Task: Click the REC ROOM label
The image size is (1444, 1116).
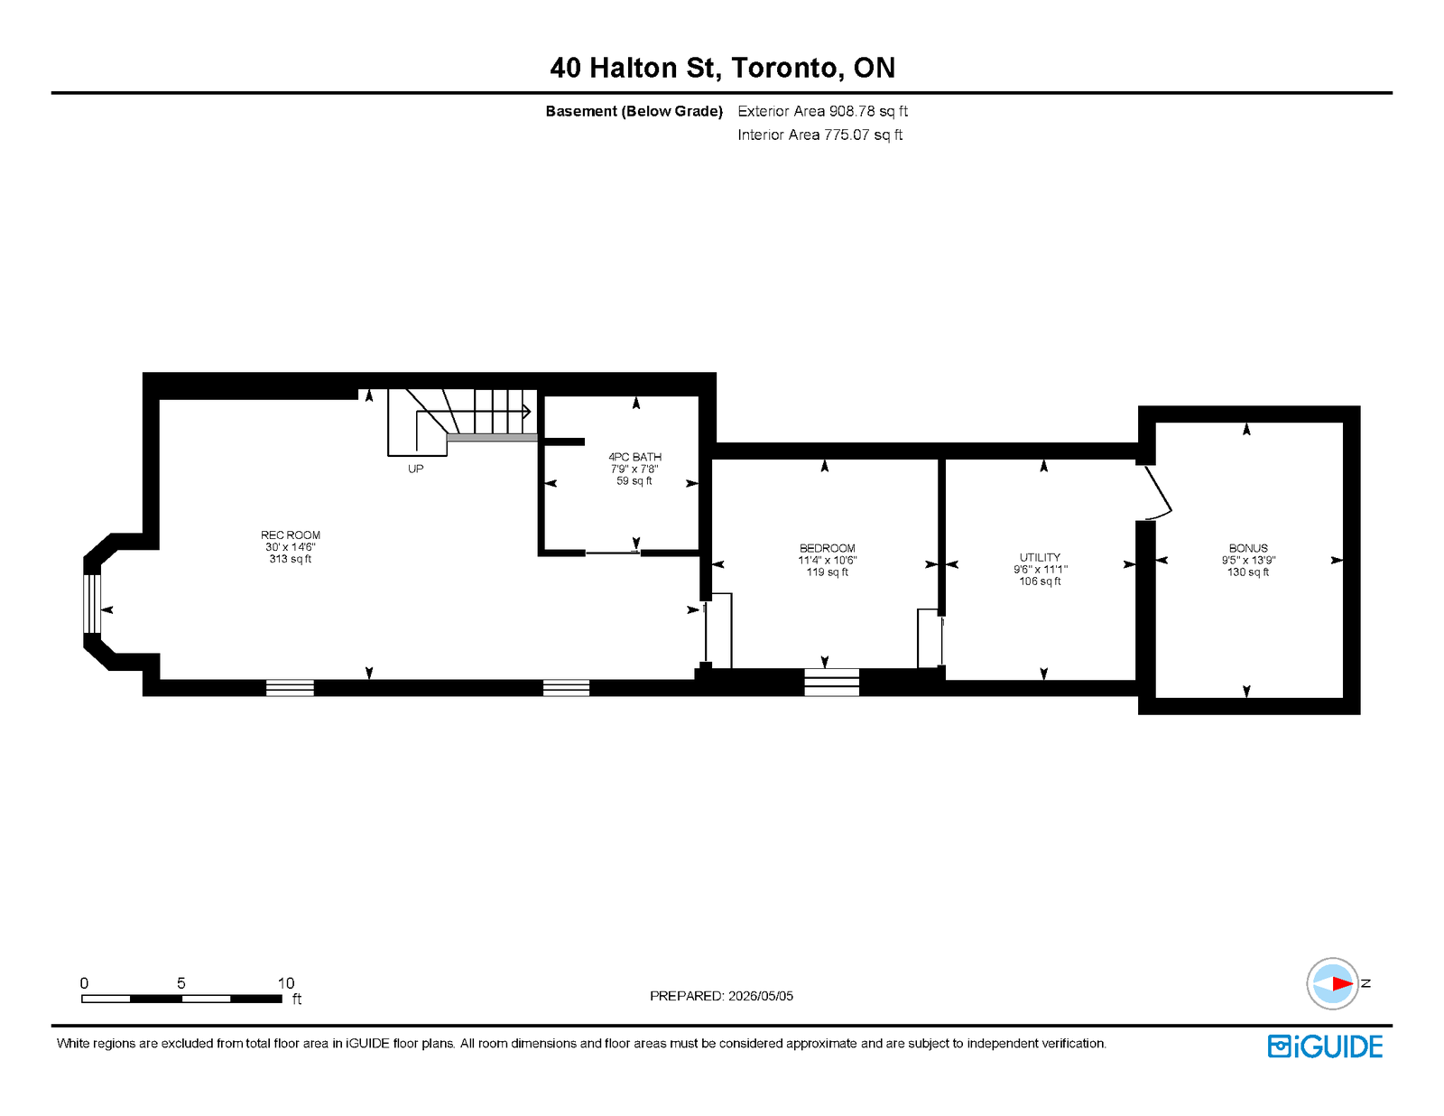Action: coord(291,535)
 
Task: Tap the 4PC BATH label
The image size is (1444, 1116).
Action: coord(634,457)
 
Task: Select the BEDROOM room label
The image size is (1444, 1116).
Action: coord(828,548)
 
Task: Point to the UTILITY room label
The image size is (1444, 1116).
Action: coord(1040,558)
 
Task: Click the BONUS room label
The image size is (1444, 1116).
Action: coord(1248,548)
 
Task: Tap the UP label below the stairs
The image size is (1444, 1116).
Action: coord(415,470)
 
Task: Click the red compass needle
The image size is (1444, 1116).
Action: coord(1342,984)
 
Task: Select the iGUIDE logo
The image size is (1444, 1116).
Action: coord(1325,1046)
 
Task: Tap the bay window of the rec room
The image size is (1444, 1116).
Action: coord(92,604)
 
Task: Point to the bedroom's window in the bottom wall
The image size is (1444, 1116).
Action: coord(831,683)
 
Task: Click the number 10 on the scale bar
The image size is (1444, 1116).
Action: coord(286,983)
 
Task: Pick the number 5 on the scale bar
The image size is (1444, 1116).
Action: coord(180,983)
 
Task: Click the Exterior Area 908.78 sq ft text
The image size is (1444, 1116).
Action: coord(823,111)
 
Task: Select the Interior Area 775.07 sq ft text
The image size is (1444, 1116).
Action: coord(820,135)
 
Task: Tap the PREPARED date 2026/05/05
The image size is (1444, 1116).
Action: coord(760,996)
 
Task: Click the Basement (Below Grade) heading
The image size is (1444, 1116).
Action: coord(634,111)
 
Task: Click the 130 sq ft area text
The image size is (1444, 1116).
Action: coord(1248,572)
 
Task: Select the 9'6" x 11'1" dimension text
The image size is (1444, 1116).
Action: coord(1040,570)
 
